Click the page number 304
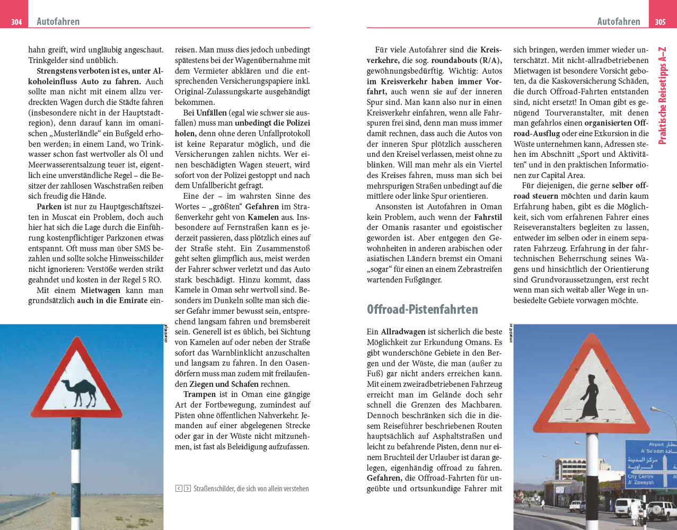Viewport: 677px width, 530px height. (16, 22)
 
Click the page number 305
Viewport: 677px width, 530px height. (660, 22)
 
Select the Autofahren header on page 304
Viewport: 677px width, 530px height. (58, 22)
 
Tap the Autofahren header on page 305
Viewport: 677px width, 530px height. (618, 22)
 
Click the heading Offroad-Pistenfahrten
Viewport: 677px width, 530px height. (422, 310)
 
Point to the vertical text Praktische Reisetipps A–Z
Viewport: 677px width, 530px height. (662, 95)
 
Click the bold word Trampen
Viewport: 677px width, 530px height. (199, 394)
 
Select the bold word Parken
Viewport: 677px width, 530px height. (49, 207)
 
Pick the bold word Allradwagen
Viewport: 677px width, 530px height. (402, 332)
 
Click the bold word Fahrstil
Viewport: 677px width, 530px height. (488, 217)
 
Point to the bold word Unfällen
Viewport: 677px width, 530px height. (211, 113)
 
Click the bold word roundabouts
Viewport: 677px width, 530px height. (454, 60)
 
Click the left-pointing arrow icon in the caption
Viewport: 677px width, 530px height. (179, 489)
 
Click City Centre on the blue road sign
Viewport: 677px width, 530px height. (640, 476)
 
